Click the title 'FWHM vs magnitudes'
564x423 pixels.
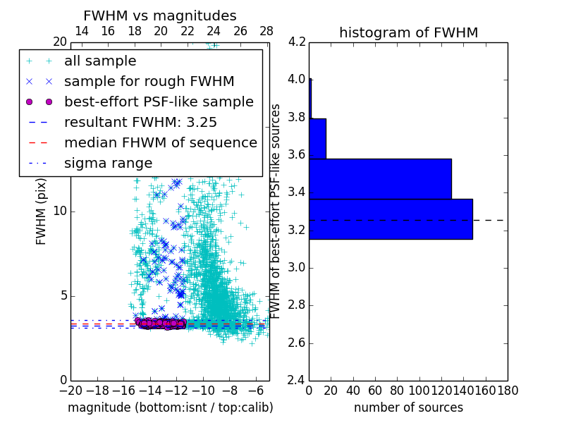click(160, 16)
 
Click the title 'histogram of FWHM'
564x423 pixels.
click(408, 32)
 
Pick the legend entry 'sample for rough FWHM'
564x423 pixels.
click(149, 81)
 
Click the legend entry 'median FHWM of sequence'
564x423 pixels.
click(160, 142)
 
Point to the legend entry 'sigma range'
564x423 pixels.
click(108, 163)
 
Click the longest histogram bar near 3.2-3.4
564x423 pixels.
click(391, 219)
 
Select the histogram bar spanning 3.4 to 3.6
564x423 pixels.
click(380, 179)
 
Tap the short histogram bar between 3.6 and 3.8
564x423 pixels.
click(317, 139)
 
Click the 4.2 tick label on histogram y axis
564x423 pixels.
click(298, 42)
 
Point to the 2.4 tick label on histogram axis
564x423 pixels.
click(298, 381)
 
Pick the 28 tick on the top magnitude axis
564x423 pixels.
click(266, 31)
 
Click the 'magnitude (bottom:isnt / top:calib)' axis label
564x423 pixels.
click(170, 407)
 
